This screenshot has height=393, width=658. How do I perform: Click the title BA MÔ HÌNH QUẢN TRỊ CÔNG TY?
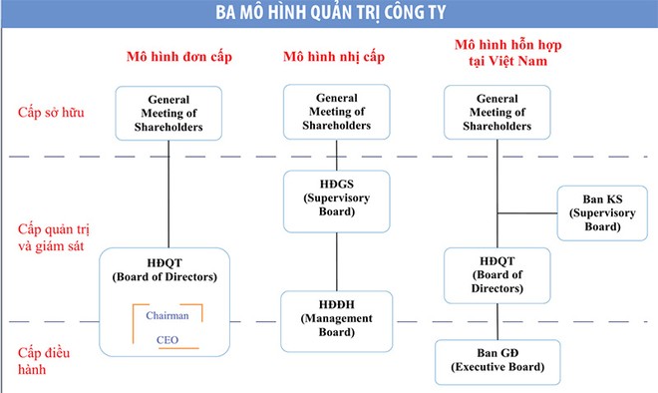click(x=328, y=15)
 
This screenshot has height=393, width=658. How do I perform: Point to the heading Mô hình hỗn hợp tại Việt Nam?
click(x=498, y=58)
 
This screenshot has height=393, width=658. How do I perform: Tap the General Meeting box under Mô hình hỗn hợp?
click(x=496, y=110)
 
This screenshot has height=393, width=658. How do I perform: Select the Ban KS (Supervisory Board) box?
click(x=596, y=211)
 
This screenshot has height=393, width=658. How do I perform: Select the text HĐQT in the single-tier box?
click(x=168, y=262)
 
